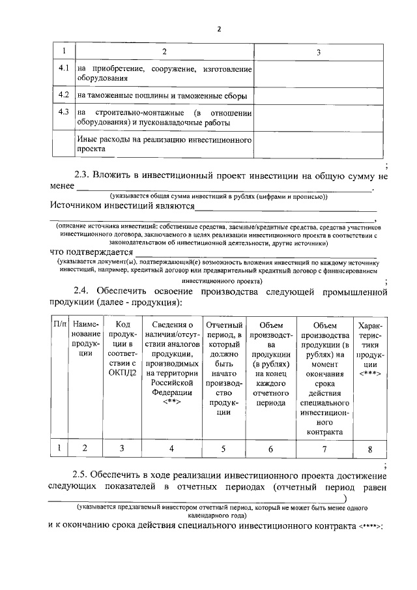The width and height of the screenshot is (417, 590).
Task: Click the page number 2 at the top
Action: point(219,29)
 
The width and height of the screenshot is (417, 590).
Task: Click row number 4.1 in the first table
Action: point(63,68)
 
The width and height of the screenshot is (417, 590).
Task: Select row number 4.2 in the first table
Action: point(63,95)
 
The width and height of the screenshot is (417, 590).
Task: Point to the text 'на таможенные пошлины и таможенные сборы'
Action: point(162,96)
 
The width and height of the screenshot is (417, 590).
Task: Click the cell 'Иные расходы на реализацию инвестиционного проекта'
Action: point(164,144)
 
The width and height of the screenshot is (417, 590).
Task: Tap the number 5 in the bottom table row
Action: point(223,449)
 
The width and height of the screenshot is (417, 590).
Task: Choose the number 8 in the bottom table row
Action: point(370,449)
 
